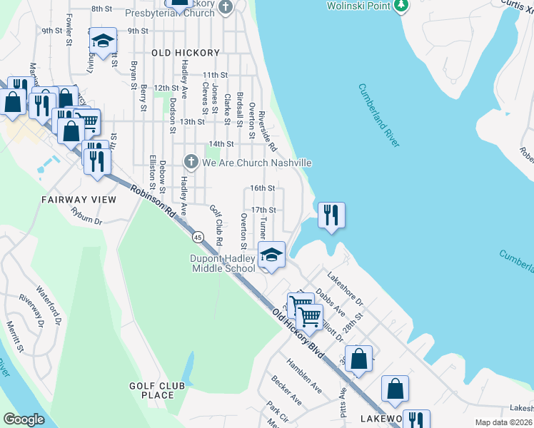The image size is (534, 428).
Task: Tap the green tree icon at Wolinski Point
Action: pos(403,6)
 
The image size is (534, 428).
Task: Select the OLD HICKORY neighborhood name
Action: pos(186,53)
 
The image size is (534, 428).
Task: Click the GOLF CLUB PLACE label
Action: pos(158,390)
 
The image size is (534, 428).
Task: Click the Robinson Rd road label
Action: pos(153,202)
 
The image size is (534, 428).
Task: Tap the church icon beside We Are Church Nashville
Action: pos(191,163)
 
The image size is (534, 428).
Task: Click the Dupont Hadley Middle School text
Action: pos(222,264)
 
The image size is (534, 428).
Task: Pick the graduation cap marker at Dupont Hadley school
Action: pos(271,255)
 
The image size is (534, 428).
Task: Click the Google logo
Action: pos(24,419)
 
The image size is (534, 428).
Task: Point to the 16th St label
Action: pos(263,188)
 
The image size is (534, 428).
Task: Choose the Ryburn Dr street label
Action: pos(87,216)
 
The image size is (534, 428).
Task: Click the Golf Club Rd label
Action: pos(216,223)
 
